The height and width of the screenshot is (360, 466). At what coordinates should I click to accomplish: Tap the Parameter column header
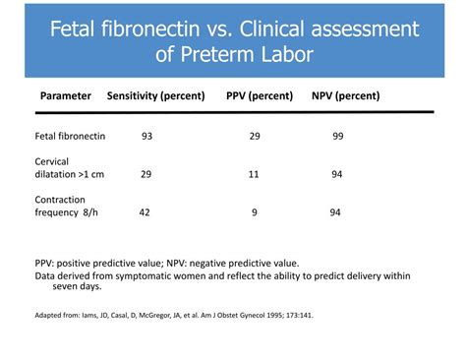66,95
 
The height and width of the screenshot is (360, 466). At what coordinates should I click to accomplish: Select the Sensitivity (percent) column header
155,95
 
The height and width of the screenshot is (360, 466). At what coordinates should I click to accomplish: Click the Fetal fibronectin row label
70,136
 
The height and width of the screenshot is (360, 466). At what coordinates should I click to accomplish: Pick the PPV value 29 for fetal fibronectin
254,136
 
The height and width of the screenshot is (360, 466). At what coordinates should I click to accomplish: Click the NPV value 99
337,136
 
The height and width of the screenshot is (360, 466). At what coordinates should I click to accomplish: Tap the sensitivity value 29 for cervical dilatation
146,173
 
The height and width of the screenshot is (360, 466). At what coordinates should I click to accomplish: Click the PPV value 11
253,173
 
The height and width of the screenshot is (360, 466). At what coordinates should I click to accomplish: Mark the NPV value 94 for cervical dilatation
337,173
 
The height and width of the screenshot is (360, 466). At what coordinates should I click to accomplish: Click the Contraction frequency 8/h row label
68,205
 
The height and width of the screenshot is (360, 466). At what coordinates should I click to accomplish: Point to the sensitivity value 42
144,211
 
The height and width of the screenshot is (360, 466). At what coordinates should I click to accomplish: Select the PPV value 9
254,211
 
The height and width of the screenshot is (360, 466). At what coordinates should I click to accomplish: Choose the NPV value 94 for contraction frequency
335,211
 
